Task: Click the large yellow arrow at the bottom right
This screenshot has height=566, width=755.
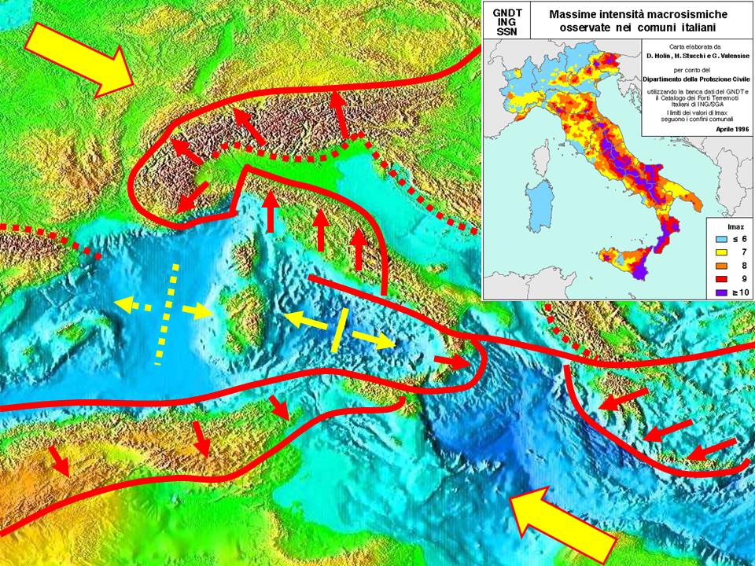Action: click(x=561, y=527)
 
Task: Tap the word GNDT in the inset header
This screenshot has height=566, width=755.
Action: click(x=506, y=13)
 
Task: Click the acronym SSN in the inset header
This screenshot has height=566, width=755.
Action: click(x=506, y=31)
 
